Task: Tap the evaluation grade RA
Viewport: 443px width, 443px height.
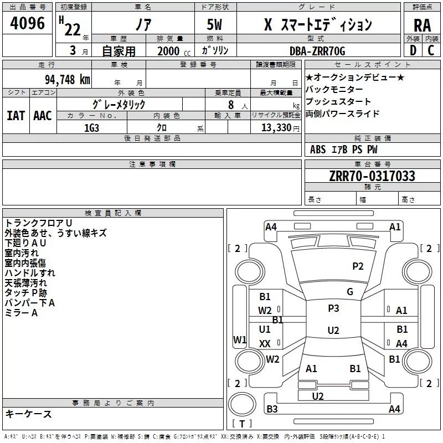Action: [x=422, y=25]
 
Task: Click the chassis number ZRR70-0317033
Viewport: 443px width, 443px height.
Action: [x=373, y=176]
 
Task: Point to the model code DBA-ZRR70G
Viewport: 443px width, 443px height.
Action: [x=317, y=51]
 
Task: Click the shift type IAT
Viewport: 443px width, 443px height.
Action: [x=16, y=115]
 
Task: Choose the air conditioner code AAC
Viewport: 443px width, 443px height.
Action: [x=42, y=115]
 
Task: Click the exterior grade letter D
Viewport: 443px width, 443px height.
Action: [x=413, y=51]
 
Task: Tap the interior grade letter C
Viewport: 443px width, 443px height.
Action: [x=431, y=51]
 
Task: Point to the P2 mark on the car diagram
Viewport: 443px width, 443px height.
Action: [x=358, y=266]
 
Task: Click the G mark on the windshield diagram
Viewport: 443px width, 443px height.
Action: [x=350, y=292]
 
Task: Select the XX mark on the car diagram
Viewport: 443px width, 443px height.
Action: [x=265, y=344]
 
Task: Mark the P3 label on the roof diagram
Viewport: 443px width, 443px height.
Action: [x=333, y=308]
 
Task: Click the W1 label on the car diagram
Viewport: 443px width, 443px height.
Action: [x=240, y=339]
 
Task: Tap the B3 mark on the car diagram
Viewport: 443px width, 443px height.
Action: [x=272, y=409]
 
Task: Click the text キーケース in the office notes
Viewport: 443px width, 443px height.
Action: [x=29, y=414]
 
